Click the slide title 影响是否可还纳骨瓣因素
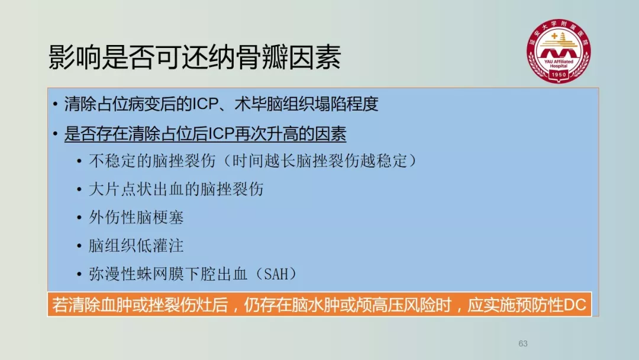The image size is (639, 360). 195,57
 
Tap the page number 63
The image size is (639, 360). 523,343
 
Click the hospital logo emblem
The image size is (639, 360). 559,51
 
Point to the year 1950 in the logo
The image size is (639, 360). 559,75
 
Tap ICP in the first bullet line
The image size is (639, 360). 205,104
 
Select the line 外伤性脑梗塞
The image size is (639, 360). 136,217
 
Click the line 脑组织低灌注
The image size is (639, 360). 136,246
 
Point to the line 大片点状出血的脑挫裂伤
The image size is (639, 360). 176,189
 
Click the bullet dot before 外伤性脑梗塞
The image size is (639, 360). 79,218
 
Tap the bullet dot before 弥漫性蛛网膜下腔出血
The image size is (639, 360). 79,274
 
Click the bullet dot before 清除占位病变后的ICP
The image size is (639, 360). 56,104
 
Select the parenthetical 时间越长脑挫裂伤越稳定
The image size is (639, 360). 320,160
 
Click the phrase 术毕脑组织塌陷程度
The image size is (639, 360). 306,104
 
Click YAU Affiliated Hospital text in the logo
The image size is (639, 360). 559,63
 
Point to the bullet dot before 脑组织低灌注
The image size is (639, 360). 79,246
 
